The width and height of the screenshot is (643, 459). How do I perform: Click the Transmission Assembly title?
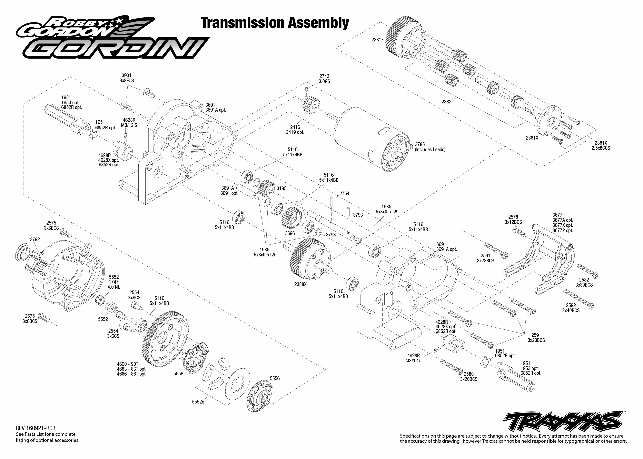(x=275, y=23)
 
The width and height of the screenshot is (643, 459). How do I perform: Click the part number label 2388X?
(x=300, y=284)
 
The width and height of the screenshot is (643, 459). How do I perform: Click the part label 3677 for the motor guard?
(x=557, y=215)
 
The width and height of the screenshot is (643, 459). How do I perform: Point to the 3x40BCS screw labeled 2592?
(x=578, y=298)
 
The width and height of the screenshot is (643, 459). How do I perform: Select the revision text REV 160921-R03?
(x=36, y=428)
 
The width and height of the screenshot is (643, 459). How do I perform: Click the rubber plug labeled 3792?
(x=22, y=252)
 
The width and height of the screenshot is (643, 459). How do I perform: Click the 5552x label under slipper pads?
(x=198, y=402)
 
